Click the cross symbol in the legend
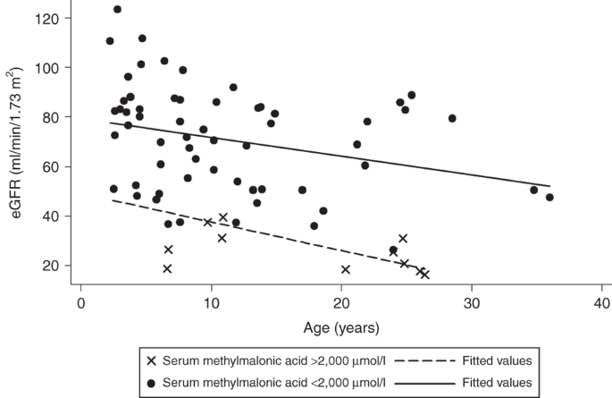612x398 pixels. pos(152,360)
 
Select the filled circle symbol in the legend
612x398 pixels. pos(152,382)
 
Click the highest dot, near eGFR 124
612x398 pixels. pos(117,9)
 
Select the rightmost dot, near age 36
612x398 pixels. pos(549,198)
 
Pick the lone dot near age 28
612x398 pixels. pos(452,118)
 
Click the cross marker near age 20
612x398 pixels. pos(346,269)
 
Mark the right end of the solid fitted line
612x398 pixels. pos(550,186)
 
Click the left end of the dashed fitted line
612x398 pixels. pos(111,200)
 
